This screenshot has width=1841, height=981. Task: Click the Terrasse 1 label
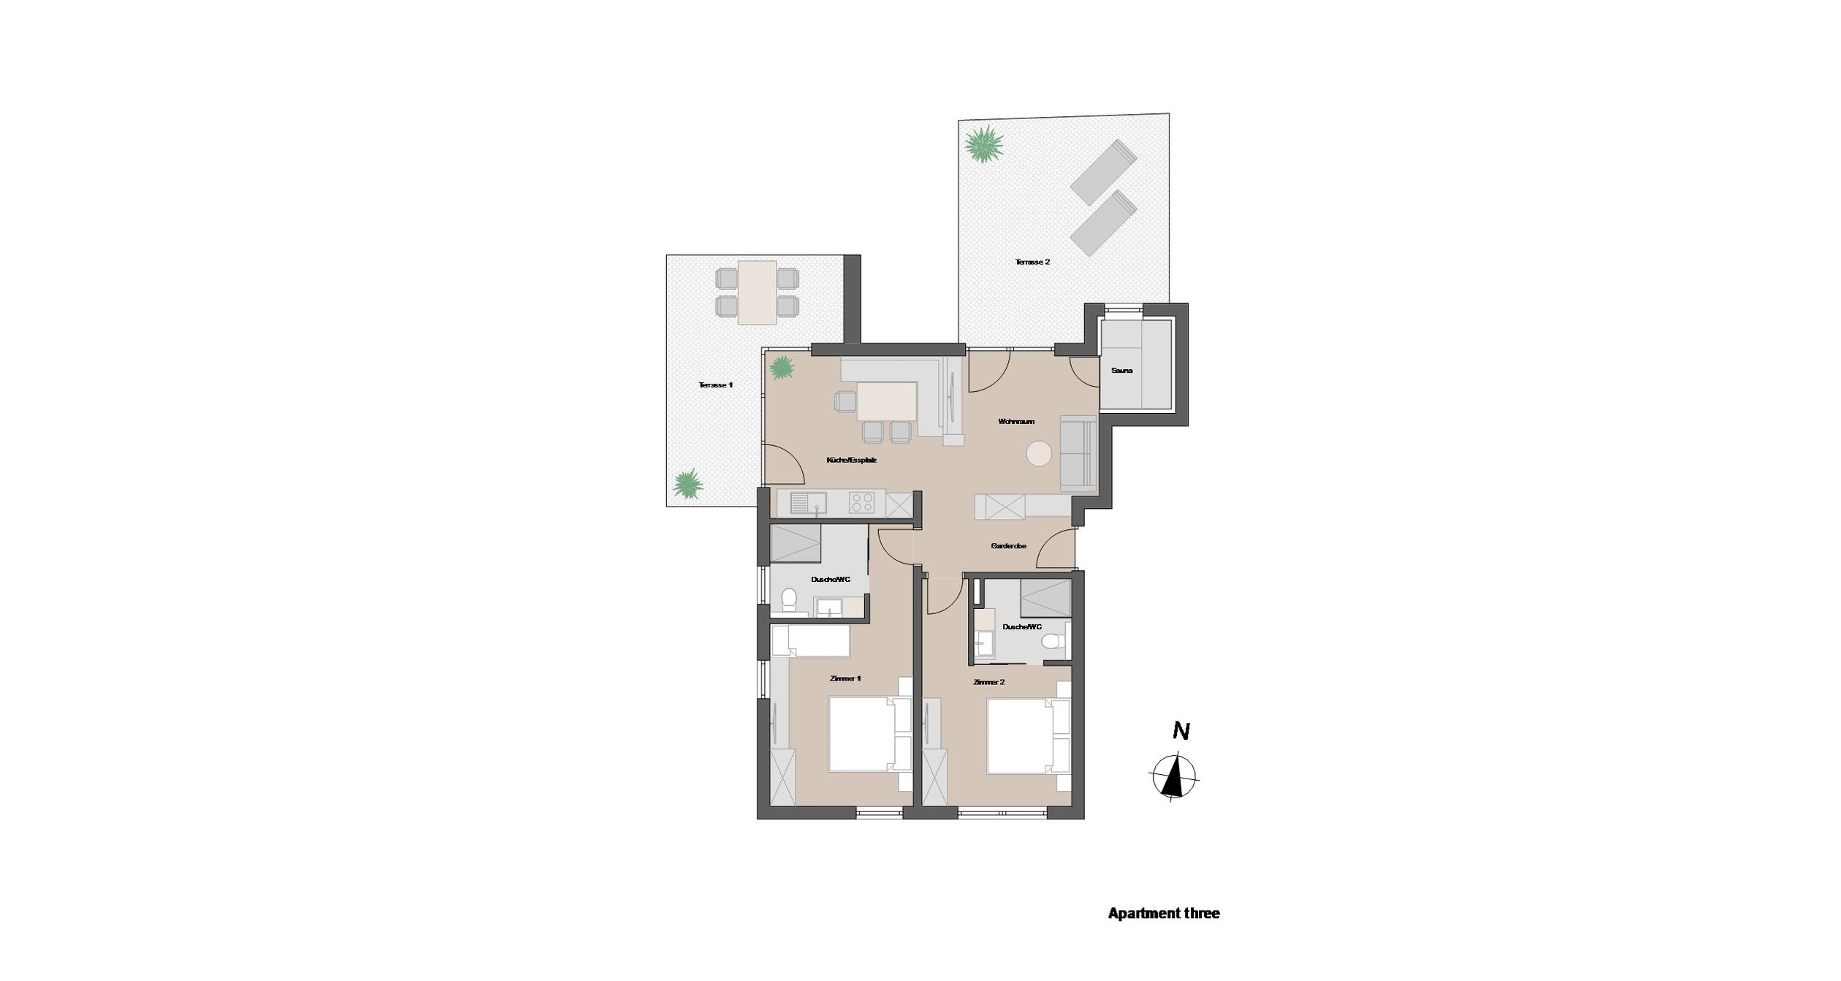715,385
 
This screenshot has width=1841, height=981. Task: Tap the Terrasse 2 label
1032,262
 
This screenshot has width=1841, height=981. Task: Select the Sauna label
1121,371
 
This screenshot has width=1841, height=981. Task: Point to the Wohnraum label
1016,422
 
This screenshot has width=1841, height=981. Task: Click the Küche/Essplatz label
851,461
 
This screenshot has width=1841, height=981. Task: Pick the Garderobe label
1008,546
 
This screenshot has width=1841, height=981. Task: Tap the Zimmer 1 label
845,678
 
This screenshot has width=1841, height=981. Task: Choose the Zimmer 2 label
989,682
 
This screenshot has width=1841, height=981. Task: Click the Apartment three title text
1164,913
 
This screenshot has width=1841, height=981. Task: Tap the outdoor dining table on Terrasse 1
757,292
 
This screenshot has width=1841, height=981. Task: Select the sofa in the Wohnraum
1078,453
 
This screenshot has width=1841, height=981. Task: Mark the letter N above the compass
1181,731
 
